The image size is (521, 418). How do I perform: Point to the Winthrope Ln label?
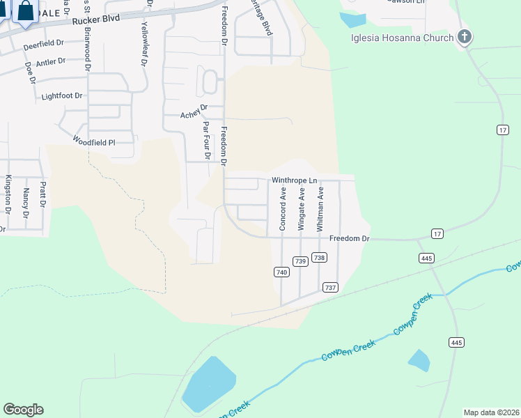pos(294,180)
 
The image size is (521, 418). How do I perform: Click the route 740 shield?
pos(281,272)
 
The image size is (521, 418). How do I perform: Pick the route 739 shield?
pos(300,261)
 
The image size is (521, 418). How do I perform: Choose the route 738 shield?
pos(319,258)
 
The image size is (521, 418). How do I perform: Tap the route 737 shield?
pos(331,287)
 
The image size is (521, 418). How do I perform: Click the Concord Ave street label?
pos(283,209)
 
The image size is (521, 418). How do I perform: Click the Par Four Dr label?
pos(205,139)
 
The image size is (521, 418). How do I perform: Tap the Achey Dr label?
pos(194,111)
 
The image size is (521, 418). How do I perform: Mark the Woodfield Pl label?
pos(93,141)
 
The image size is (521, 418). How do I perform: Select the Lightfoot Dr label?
pos(62,95)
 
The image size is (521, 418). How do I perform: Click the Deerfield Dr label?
pos(43,45)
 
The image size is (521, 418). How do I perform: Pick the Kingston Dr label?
pos(8,196)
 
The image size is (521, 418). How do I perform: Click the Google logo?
pos(23,410)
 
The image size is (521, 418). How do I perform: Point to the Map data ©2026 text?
pos(491,412)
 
